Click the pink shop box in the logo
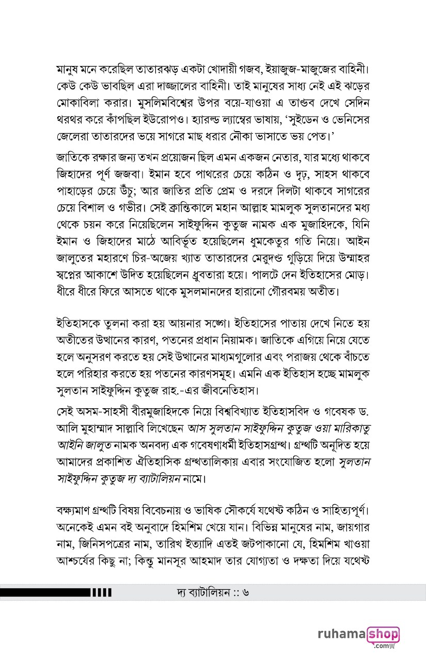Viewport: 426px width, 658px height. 383,634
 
